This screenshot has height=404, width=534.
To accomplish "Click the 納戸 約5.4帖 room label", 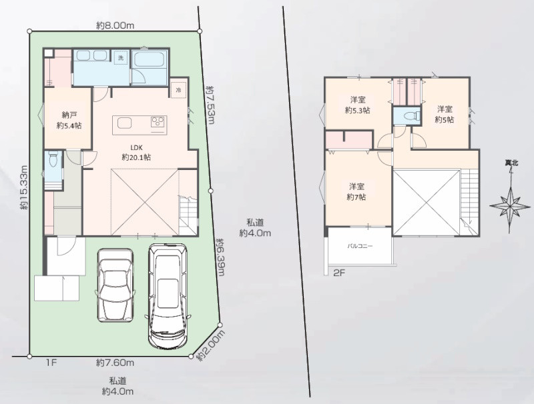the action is (69, 120).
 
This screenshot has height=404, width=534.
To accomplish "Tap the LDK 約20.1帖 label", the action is (136, 153).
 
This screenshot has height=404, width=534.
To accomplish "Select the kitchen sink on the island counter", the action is (124, 123).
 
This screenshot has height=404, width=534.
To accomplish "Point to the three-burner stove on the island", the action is (158, 122).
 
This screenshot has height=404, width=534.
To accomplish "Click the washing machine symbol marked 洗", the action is (121, 57).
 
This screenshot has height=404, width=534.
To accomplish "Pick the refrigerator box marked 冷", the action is (179, 90).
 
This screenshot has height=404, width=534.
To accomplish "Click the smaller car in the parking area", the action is (115, 285).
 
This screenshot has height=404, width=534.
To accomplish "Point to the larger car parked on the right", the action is (168, 295).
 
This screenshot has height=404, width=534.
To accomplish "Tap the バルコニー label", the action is (360, 246).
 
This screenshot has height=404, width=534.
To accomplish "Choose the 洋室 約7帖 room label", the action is (356, 192).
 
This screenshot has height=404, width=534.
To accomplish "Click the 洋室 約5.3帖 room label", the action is (358, 105).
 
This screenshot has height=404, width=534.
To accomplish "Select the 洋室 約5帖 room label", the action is (445, 114).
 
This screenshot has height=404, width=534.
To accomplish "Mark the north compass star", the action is (511, 206).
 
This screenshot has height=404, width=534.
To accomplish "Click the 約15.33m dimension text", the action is (23, 187).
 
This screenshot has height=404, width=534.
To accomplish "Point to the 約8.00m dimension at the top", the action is (115, 25).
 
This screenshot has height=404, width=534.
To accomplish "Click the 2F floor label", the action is (339, 273).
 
